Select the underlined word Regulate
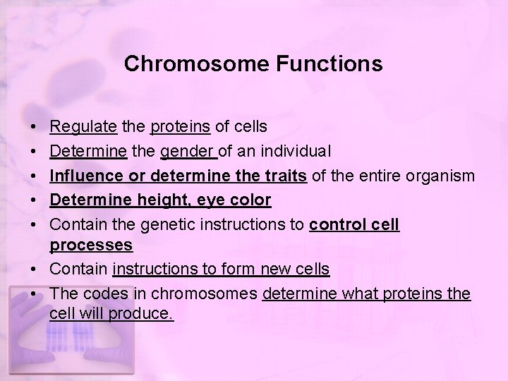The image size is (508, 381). pos(83,126)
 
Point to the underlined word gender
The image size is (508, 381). pos(188,151)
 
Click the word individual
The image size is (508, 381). pos(297,151)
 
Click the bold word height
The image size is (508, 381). pos(156,200)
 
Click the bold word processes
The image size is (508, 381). pos(91,245)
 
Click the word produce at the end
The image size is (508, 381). pos(143,314)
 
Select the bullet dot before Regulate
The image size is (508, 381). pos(35,127)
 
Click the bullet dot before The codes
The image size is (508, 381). pos(35,294)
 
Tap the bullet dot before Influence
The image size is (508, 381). pos(35,176)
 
